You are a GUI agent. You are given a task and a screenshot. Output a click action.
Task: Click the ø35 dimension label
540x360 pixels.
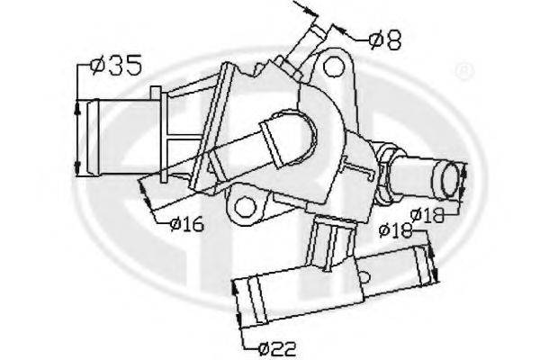(x=116, y=65)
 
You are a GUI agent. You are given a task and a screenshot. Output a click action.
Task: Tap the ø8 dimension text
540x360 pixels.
(x=384, y=40)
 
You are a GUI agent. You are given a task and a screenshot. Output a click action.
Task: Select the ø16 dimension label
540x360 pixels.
(x=187, y=224)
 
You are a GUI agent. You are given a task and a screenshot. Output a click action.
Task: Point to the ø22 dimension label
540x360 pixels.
(x=277, y=348)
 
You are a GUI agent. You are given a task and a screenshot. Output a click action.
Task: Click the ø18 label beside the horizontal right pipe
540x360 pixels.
(x=427, y=215)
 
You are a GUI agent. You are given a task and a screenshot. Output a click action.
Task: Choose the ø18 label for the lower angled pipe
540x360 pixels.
(x=395, y=230)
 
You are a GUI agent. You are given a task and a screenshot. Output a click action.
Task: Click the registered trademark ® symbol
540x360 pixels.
(x=464, y=70)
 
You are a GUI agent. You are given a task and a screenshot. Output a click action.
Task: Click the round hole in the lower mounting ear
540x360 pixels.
(x=245, y=207)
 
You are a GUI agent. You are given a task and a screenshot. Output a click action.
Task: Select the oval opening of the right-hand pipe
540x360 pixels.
(x=450, y=179)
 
